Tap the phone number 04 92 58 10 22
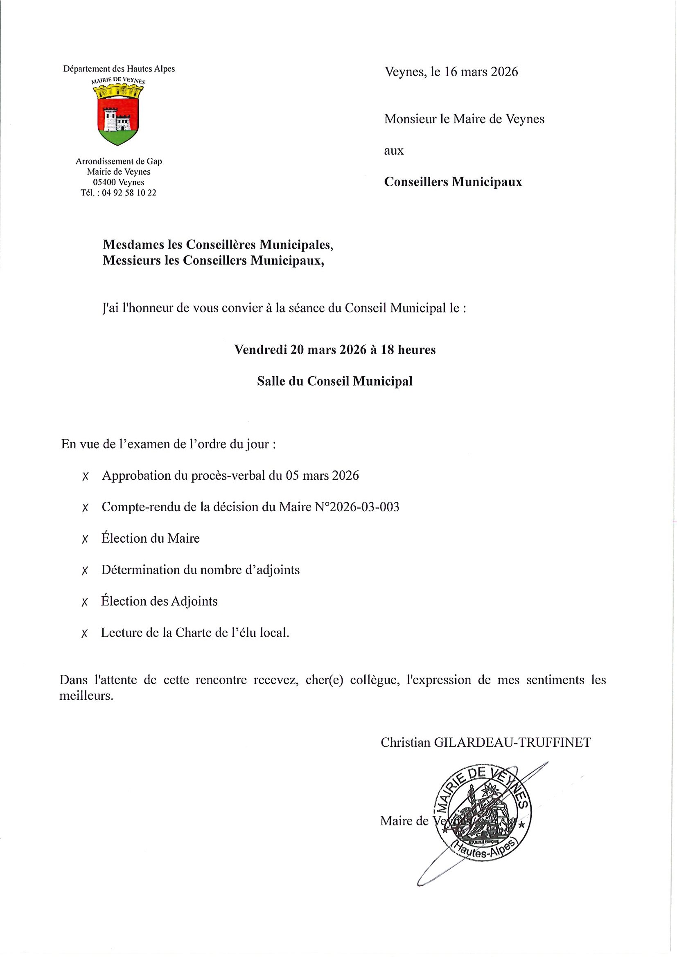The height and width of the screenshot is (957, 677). [129, 193]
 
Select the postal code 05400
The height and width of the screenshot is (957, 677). [104, 182]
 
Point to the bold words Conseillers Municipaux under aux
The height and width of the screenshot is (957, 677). [453, 182]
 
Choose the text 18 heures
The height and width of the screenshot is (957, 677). [408, 349]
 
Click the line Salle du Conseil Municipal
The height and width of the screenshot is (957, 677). [334, 381]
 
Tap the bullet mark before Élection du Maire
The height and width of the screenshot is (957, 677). [85, 539]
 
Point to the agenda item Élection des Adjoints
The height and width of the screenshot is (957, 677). [159, 601]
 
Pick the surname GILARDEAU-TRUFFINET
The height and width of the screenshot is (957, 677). [512, 742]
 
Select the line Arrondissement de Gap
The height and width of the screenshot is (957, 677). [118, 161]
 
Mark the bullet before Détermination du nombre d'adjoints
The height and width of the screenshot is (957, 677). [85, 571]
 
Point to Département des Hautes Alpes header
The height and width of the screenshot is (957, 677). [119, 69]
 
